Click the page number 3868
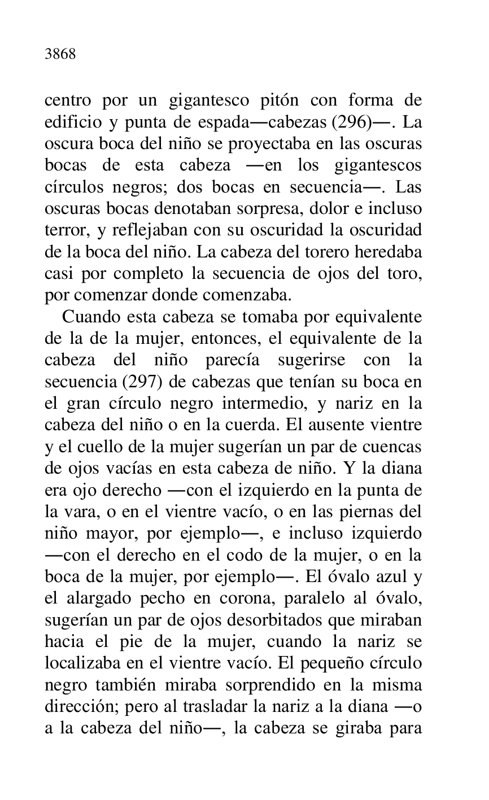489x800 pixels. pyautogui.click(x=60, y=55)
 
